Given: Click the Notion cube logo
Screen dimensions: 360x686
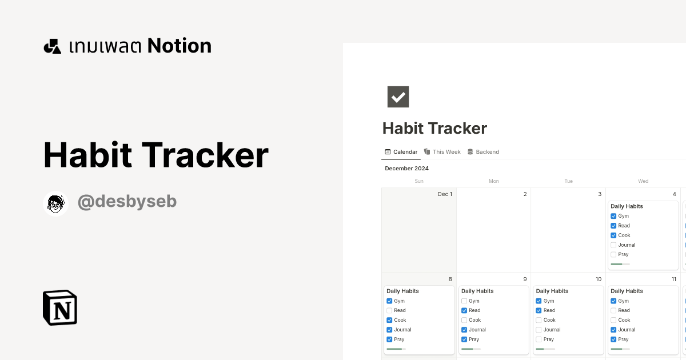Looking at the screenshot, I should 60,307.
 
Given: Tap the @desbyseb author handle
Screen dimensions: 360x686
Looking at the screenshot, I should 127,202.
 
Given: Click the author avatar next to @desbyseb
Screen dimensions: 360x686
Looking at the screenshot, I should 55,203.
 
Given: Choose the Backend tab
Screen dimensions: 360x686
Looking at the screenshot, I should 483,152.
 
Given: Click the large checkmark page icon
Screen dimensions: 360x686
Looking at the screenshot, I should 398,97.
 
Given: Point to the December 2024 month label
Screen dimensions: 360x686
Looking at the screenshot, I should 406,169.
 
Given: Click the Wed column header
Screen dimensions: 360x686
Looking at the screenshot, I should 643,181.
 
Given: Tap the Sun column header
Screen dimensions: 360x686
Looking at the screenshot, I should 419,181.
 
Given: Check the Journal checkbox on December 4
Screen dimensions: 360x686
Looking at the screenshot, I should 613,245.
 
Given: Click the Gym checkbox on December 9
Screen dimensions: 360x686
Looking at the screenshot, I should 464,301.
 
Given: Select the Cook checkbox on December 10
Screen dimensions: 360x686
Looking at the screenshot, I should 539,320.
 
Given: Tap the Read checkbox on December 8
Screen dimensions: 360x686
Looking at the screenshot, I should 389,311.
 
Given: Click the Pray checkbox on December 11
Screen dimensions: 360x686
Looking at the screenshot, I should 613,339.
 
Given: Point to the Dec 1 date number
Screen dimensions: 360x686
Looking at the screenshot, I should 445,194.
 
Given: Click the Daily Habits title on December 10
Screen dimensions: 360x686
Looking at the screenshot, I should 552,291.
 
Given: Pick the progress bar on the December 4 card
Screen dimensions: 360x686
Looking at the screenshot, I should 620,264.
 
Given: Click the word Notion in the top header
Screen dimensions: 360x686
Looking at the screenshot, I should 179,46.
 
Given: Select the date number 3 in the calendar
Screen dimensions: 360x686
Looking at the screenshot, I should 600,194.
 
